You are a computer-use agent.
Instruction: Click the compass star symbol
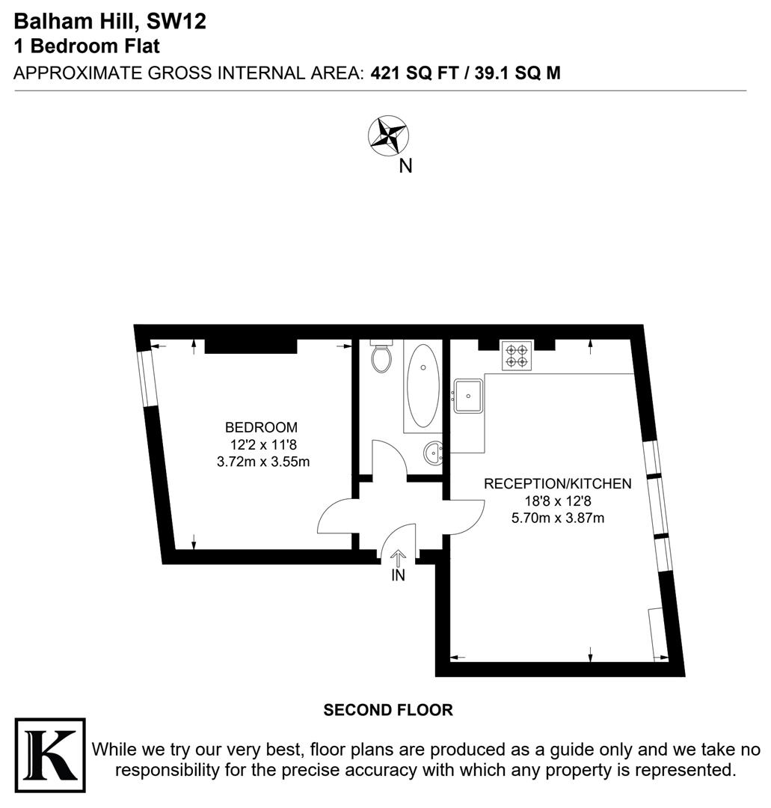(389, 135)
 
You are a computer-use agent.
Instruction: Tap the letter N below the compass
(405, 166)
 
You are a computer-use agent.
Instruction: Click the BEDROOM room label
(261, 428)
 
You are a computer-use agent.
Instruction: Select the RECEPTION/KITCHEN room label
(557, 483)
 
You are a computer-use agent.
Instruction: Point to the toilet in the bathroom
(381, 358)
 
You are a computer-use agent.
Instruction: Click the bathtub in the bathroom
(423, 385)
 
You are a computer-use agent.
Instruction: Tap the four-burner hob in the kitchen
(517, 355)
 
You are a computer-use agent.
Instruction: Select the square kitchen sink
(469, 395)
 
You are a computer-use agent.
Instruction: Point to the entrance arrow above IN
(398, 558)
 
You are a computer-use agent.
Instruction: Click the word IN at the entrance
(398, 576)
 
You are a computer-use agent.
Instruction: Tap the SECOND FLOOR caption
(388, 710)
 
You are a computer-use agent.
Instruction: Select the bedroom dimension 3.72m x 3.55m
(262, 462)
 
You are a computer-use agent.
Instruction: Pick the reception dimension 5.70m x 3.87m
(557, 518)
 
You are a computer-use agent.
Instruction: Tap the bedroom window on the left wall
(145, 379)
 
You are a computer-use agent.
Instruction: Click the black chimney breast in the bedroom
(251, 345)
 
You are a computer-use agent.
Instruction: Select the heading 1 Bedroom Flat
(87, 46)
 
